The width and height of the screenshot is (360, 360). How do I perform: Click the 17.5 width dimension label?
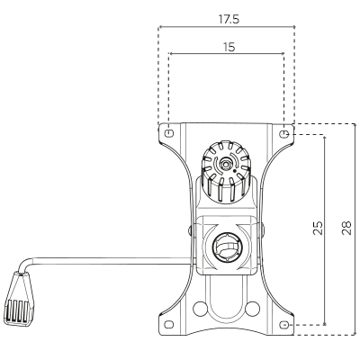coord(229,20)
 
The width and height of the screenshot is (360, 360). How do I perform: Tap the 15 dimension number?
coord(229,47)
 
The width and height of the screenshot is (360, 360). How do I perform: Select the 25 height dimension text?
coord(318,228)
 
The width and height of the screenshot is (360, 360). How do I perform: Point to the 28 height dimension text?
coord(346,228)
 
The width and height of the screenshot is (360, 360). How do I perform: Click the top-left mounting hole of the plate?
coord(169,132)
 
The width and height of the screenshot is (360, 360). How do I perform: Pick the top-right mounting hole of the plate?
coord(284,133)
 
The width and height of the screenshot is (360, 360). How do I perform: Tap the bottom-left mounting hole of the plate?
coord(169,324)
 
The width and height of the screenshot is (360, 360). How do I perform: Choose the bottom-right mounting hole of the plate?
coord(284,325)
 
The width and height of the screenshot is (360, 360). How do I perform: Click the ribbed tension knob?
coord(226,172)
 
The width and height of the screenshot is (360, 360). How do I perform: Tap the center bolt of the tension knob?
coord(225,165)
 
